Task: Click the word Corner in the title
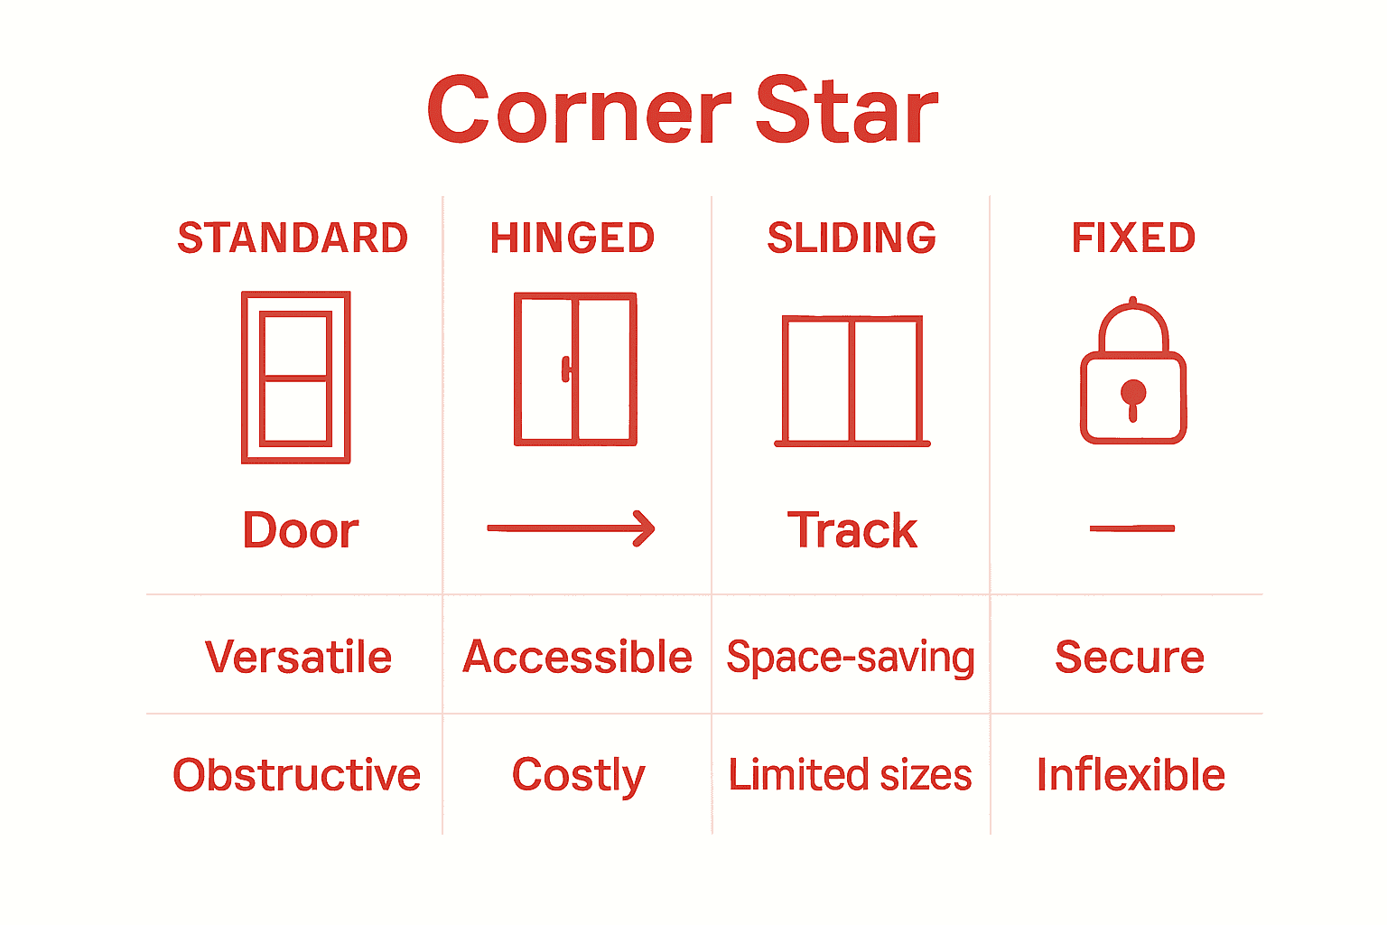579,111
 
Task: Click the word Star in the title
847,111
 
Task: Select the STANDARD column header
293,238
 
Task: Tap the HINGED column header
572,238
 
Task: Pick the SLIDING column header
852,238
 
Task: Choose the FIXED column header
1133,238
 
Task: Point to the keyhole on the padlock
1133,397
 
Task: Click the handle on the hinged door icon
566,369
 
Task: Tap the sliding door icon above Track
852,381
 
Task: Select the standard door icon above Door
296,378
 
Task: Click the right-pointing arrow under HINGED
571,528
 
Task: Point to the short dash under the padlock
1132,528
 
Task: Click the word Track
852,530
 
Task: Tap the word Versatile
298,657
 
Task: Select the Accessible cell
577,657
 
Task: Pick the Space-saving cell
851,658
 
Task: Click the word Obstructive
296,775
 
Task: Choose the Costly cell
579,776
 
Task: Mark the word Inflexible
1131,775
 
